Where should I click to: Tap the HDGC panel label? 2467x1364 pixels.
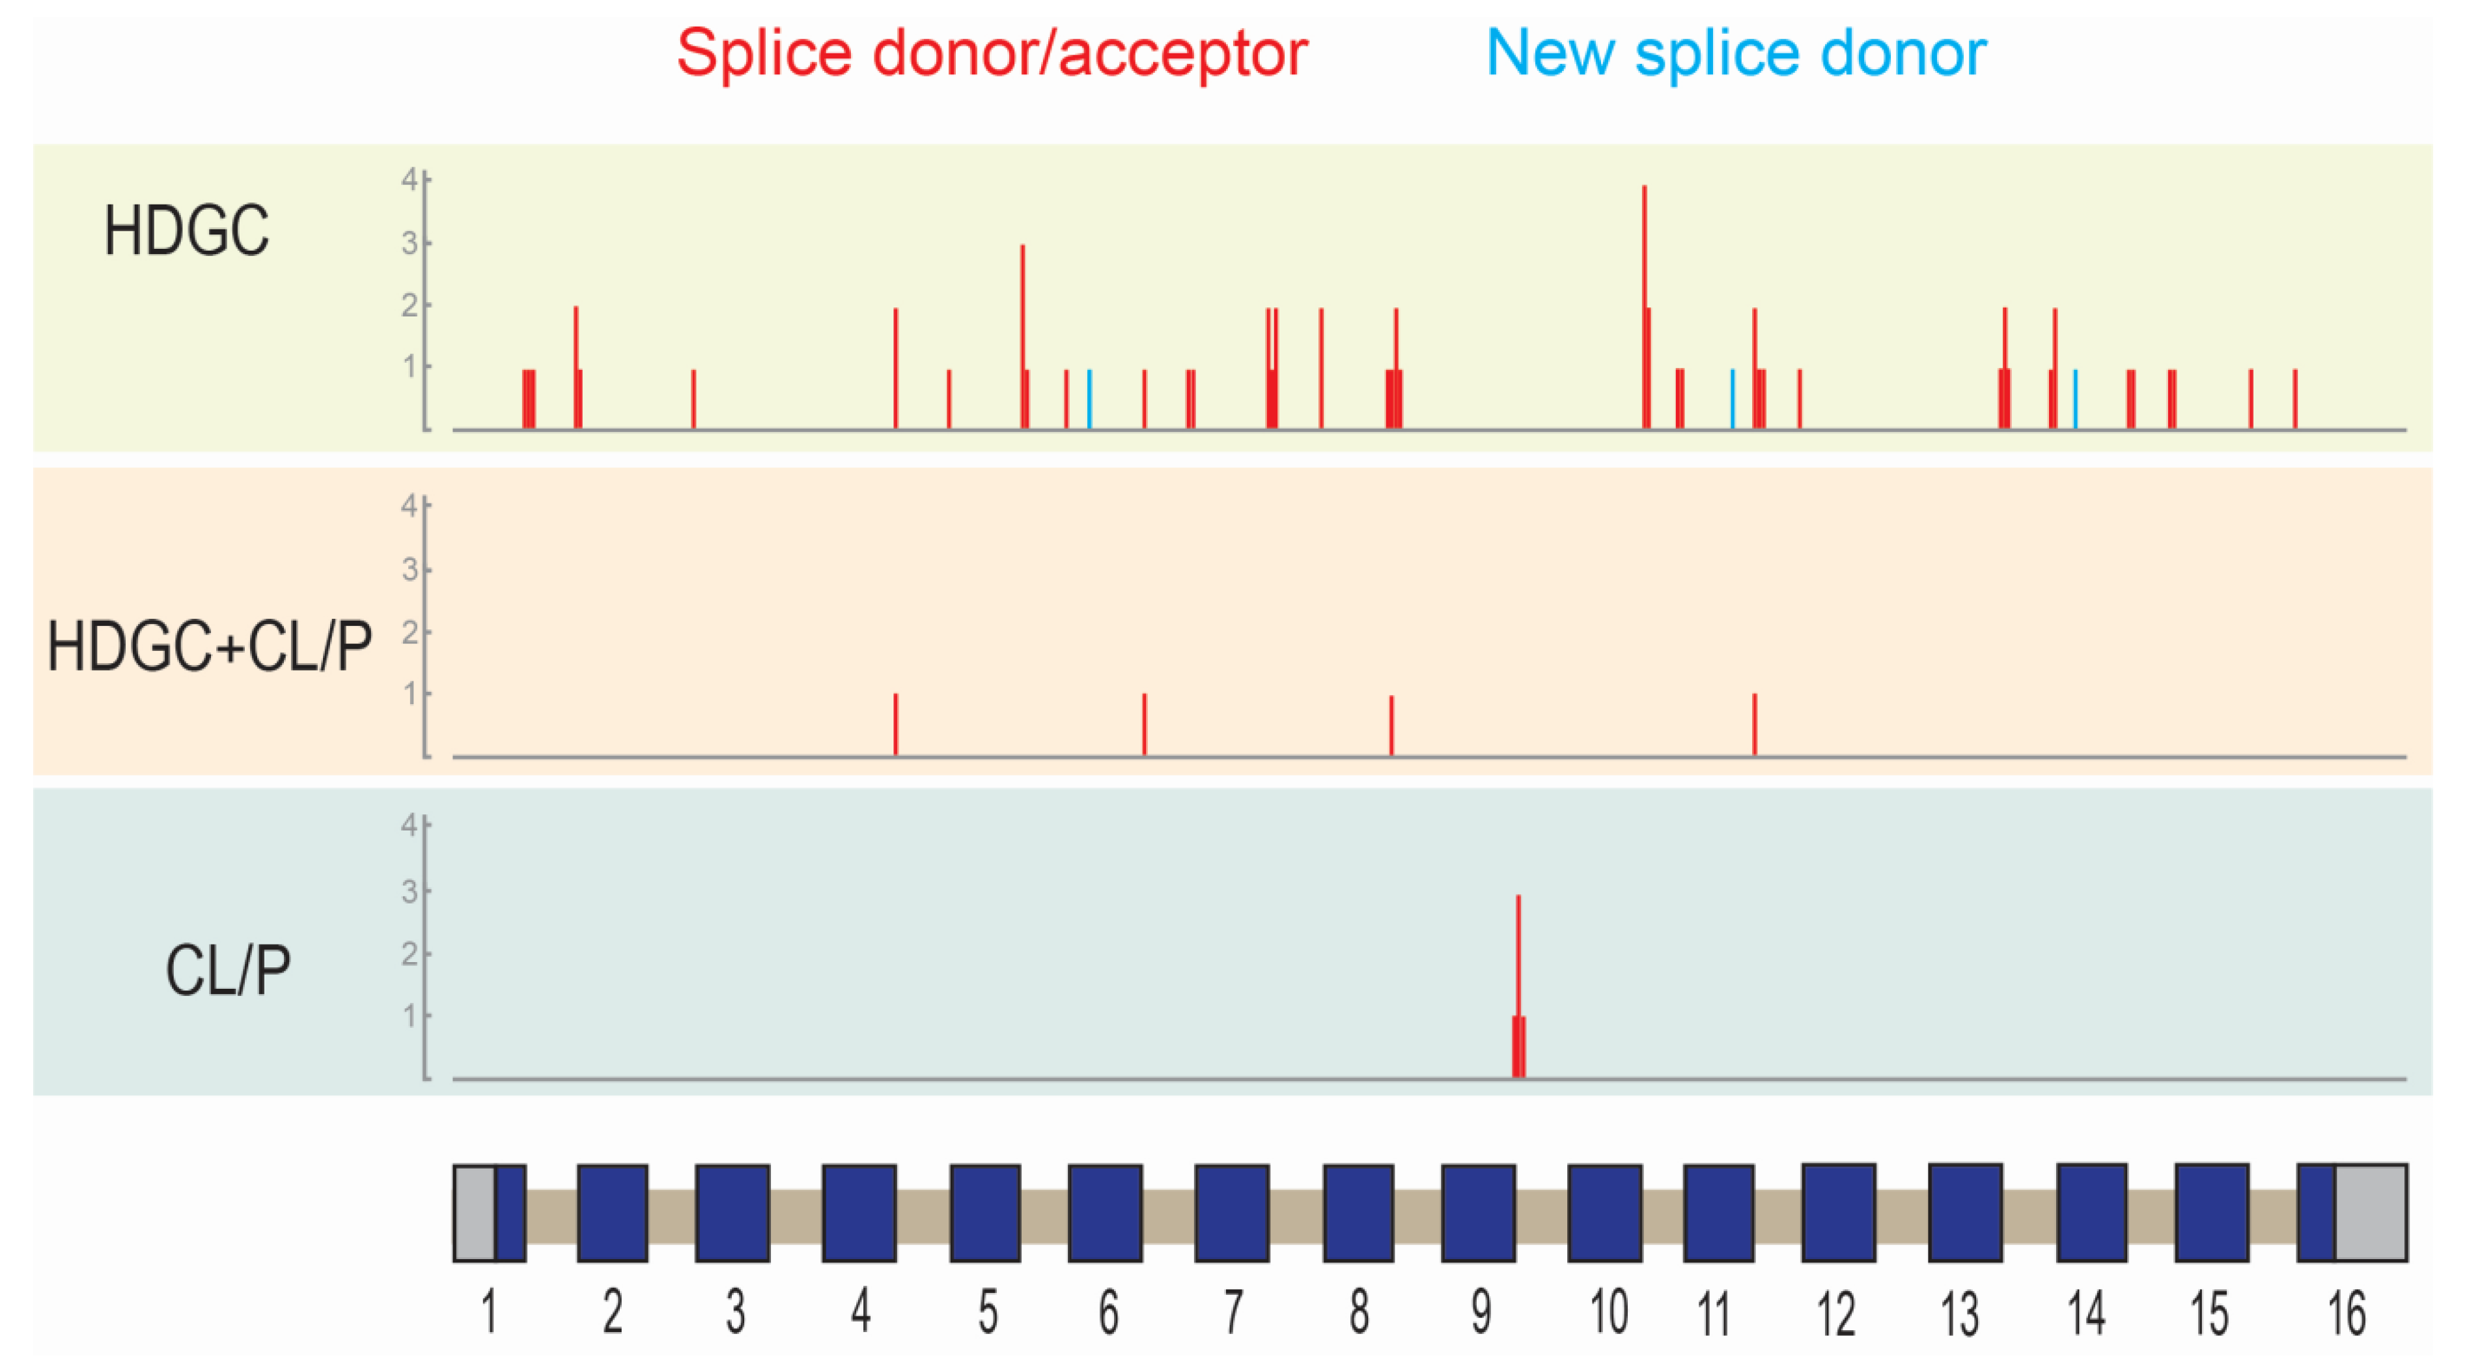pyautogui.click(x=187, y=232)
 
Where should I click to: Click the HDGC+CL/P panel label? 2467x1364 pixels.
pyautogui.click(x=209, y=647)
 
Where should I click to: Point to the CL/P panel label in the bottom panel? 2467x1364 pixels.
pyautogui.click(x=228, y=971)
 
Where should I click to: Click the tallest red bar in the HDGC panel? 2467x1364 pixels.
pyautogui.click(x=1645, y=287)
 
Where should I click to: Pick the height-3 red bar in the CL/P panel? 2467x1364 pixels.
pyautogui.click(x=1518, y=958)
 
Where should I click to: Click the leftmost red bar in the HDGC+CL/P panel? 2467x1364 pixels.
pyautogui.click(x=895, y=725)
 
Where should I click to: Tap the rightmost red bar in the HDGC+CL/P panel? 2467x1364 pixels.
pyautogui.click(x=1755, y=725)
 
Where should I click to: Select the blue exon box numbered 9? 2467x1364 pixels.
pyautogui.click(x=1478, y=1213)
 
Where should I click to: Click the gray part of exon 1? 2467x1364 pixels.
pyautogui.click(x=474, y=1213)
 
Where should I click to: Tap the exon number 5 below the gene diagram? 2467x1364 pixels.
pyautogui.click(x=987, y=1313)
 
